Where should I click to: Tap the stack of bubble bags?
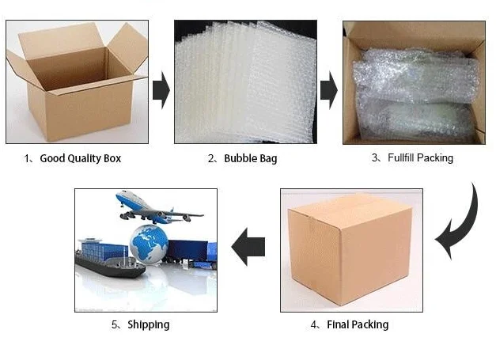coord(241,82)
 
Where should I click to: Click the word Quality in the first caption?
coord(82,158)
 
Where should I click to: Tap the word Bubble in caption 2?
coord(240,158)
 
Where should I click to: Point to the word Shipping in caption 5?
coord(148,324)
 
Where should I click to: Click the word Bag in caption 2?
coord(268,158)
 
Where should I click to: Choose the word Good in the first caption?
coord(51,158)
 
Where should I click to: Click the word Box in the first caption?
coord(112,158)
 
